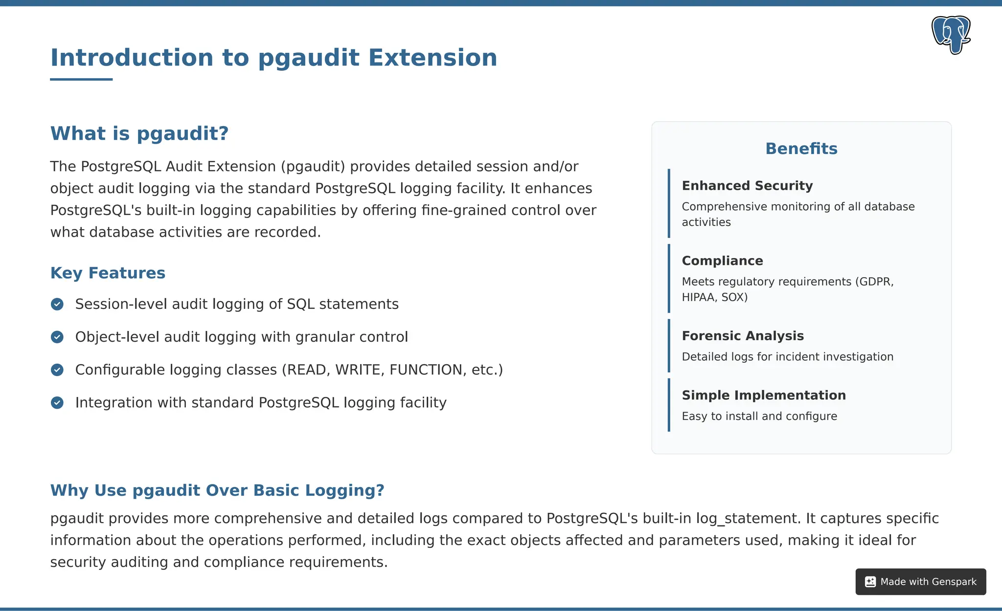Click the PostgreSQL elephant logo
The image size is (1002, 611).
tap(951, 35)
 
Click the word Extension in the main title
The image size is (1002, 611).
tap(433, 58)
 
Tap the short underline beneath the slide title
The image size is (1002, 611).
tap(81, 79)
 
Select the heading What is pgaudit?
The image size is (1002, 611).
tap(139, 133)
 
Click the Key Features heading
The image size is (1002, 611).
tap(108, 273)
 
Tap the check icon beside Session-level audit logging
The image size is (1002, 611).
tap(57, 304)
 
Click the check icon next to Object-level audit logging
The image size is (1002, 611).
tap(57, 337)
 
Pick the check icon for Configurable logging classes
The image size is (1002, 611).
tap(57, 370)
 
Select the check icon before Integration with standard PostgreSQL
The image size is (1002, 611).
tap(57, 402)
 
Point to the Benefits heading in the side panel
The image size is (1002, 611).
tap(801, 149)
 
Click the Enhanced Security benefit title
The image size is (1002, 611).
tap(747, 186)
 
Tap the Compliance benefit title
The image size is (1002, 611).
tap(722, 261)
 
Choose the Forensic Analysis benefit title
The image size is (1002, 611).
tap(743, 336)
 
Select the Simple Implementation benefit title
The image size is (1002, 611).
tap(763, 395)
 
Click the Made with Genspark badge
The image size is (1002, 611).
tap(920, 582)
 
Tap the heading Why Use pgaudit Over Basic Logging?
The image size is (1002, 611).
tap(217, 490)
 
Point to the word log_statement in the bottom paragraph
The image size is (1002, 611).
tap(747, 518)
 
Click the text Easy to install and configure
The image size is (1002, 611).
tap(759, 416)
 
